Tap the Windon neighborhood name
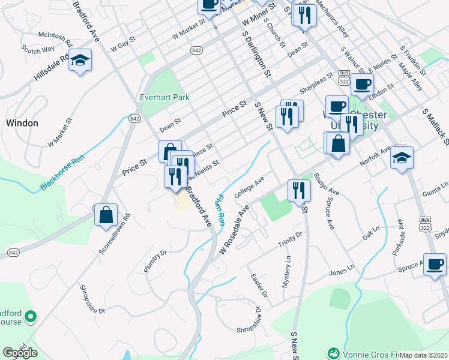tap(22, 123)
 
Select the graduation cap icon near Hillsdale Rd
tap(80, 61)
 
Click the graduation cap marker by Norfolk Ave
tap(402, 158)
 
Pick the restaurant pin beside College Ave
tap(299, 191)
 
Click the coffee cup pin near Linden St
tap(361, 85)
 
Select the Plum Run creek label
tap(218, 207)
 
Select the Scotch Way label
tap(37, 48)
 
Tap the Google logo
tap(20, 353)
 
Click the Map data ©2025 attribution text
tap(424, 355)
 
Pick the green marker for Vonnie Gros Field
tap(333, 353)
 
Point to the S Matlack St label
tap(436, 127)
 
